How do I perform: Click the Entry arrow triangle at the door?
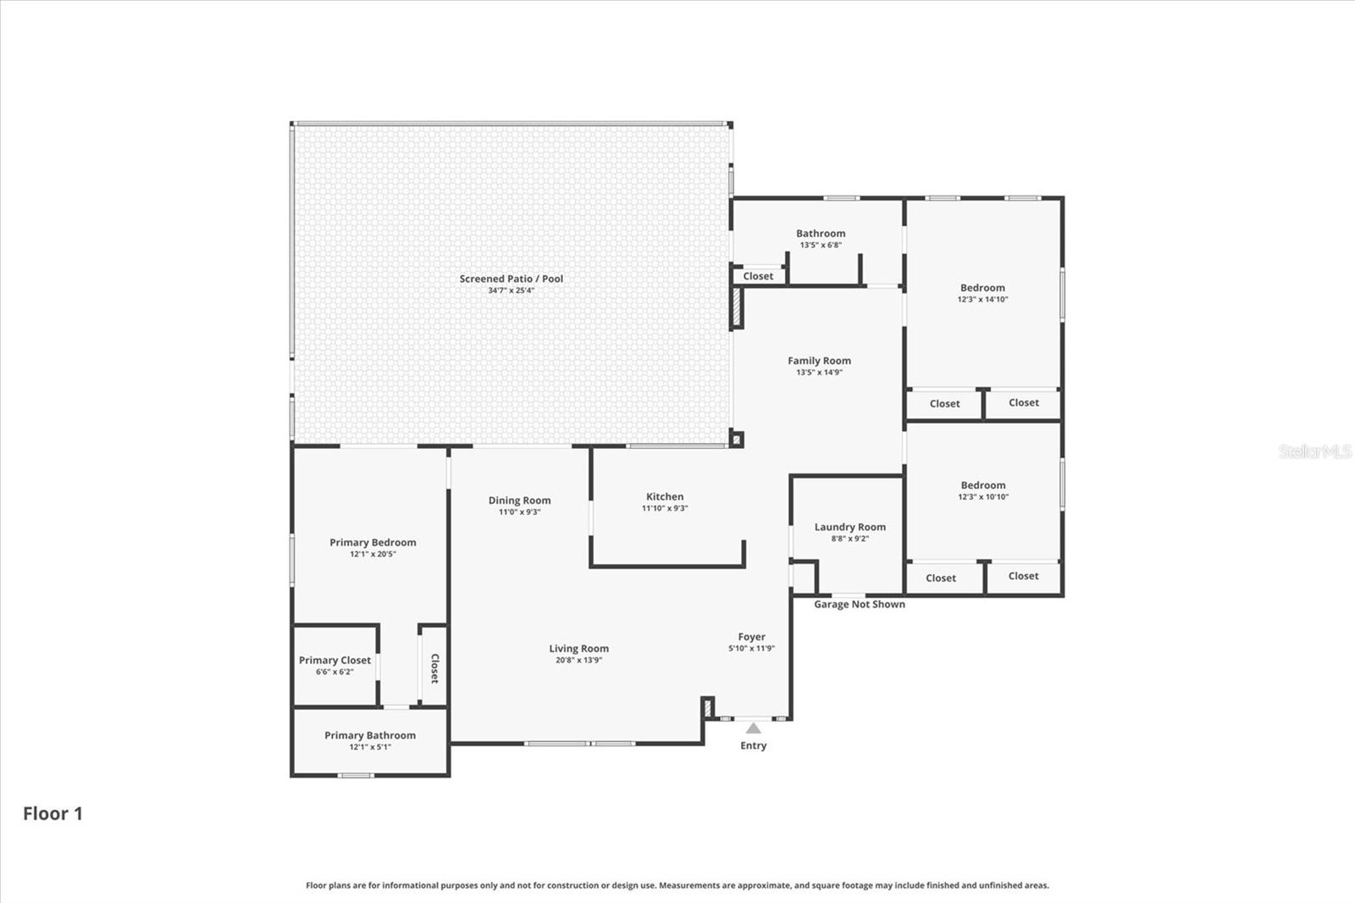[x=753, y=728]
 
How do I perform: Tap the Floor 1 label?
[x=53, y=814]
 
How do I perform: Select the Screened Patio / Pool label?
[x=511, y=279]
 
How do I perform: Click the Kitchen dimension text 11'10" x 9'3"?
[x=665, y=508]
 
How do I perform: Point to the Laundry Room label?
[x=849, y=527]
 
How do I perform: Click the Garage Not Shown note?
[x=859, y=604]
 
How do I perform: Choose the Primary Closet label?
[x=335, y=661]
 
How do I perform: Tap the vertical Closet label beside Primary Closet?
[x=434, y=668]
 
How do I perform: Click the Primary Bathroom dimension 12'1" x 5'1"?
[x=370, y=747]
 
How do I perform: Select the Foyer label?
[x=751, y=637]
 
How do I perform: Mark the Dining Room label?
[x=519, y=501]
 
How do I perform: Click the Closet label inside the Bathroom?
[x=758, y=276]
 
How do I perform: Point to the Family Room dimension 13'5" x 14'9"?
[x=819, y=372]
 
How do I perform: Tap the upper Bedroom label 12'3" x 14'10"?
[x=982, y=288]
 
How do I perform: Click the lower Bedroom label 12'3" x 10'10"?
[x=982, y=485]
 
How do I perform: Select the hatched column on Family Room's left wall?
[x=737, y=307]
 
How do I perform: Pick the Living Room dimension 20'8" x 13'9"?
[x=578, y=660]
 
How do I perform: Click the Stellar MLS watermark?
[x=1315, y=451]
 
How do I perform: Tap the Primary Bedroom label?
[x=373, y=543]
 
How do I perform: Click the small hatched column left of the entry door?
[x=707, y=707]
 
